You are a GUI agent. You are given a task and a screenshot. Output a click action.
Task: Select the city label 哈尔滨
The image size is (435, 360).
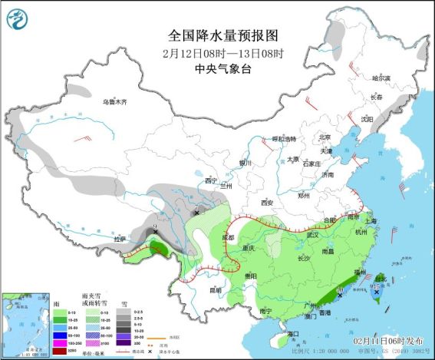pyautogui.click(x=381, y=78)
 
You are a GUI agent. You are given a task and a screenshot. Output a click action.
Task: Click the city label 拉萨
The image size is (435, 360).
pyautogui.click(x=120, y=239)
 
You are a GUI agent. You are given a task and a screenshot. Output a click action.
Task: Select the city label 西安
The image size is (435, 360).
pyautogui.click(x=267, y=203)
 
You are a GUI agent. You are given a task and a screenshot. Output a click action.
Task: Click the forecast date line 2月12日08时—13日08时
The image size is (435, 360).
pyautogui.click(x=222, y=53)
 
